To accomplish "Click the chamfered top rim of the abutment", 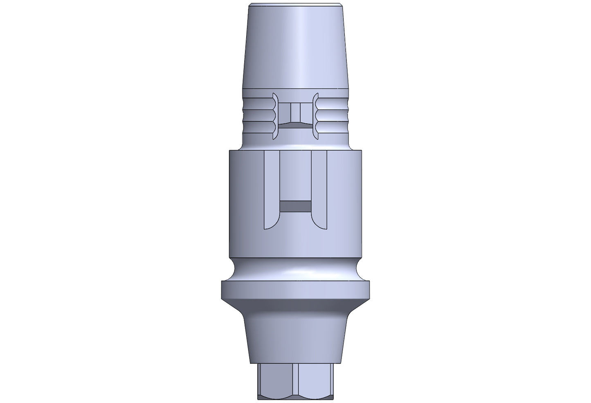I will [x=295, y=6].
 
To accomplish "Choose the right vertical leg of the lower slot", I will [x=319, y=188].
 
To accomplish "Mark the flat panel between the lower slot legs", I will [x=295, y=176].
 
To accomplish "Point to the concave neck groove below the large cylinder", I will [x=295, y=270].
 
